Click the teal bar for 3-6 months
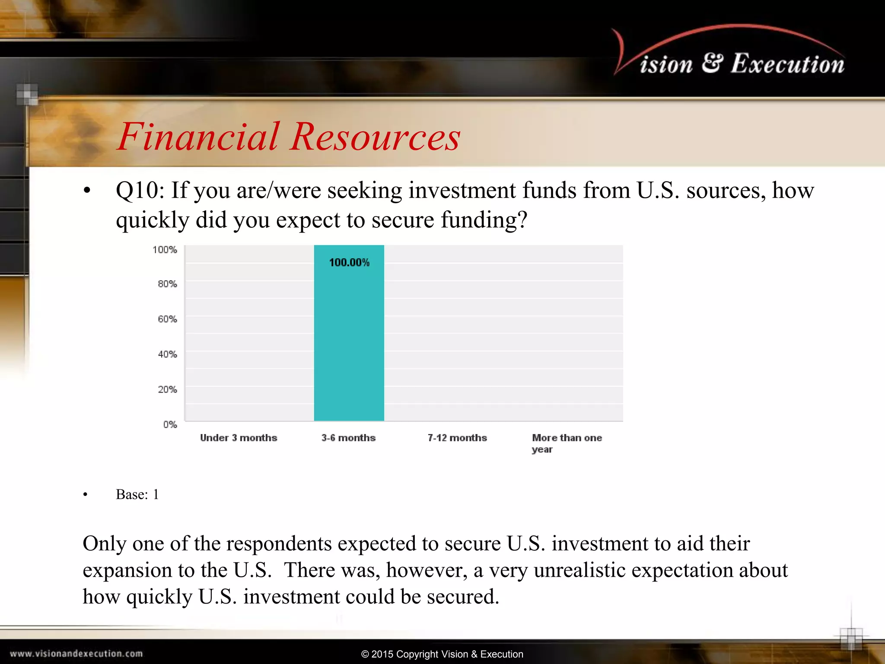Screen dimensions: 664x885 tap(349, 337)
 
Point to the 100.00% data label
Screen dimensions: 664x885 tap(349, 262)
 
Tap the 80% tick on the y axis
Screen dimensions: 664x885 tap(167, 284)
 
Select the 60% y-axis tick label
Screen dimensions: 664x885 tap(167, 319)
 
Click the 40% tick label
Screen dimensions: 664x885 tap(167, 354)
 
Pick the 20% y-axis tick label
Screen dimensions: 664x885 tap(167, 389)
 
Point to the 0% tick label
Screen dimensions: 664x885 tap(170, 425)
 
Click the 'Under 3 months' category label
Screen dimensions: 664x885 tap(239, 438)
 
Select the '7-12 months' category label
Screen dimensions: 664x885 tap(457, 438)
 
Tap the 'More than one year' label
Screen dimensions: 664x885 tap(567, 443)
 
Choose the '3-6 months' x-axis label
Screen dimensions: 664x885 tap(348, 438)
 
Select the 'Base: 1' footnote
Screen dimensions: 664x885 tap(137, 495)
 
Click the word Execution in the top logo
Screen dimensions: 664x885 tap(787, 64)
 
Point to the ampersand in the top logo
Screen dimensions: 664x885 tap(712, 63)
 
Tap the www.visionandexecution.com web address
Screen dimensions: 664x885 tap(76, 654)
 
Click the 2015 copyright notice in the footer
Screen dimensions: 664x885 tap(442, 654)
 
